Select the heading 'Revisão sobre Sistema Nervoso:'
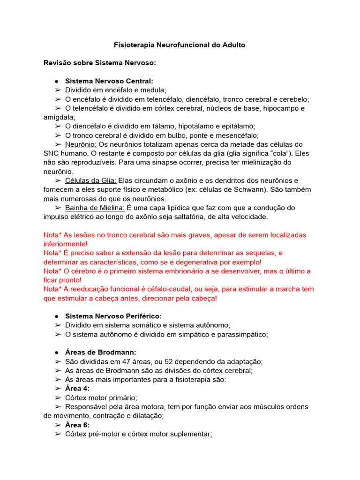99,63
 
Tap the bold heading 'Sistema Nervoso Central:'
109,81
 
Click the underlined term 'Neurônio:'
81,144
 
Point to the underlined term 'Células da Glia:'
90,180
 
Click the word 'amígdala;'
59,117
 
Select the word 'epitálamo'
238,126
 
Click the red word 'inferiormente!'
65,244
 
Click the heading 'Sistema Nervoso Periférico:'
113,316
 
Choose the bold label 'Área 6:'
77,425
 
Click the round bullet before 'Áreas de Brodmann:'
56,352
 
